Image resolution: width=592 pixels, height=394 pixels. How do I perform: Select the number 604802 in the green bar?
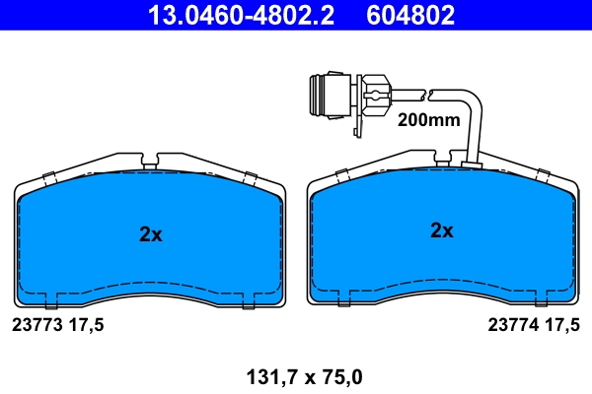tap(411, 15)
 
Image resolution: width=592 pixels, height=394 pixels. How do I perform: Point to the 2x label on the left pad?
tap(150, 234)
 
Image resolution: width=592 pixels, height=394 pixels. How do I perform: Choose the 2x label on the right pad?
tap(441, 231)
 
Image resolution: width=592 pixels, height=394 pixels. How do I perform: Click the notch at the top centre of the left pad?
tap(151, 161)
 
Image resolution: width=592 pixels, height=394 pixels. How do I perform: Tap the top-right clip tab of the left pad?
tap(250, 177)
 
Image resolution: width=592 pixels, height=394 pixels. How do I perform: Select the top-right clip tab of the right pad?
tap(542, 173)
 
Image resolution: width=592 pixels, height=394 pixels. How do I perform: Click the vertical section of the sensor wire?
tap(476, 128)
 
